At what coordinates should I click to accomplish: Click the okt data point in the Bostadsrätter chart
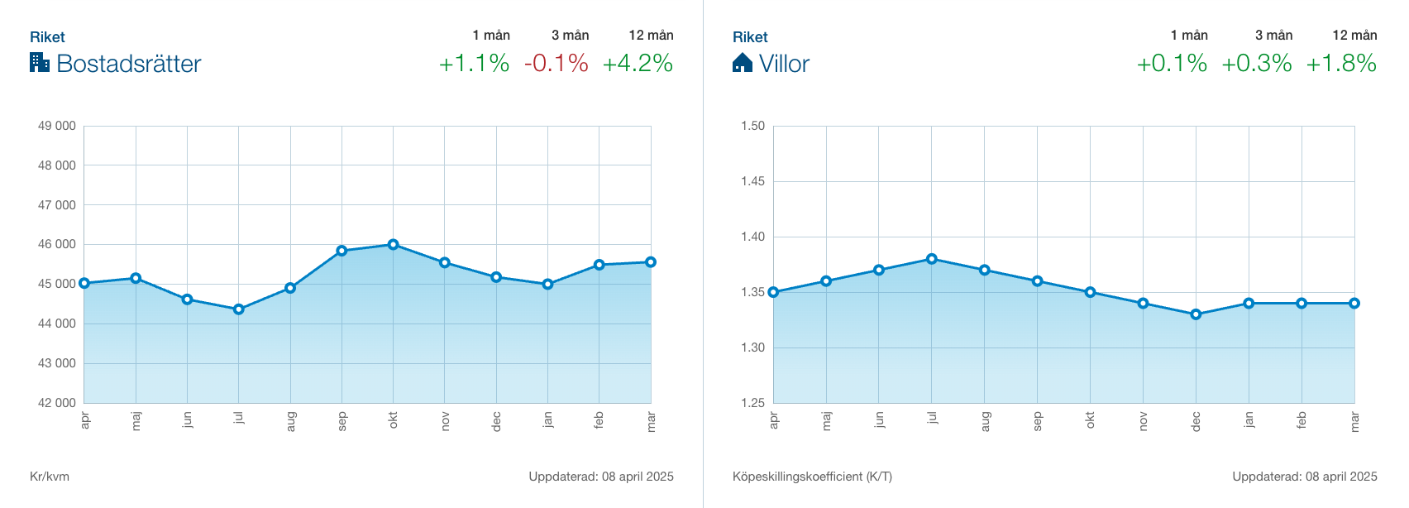[x=393, y=245]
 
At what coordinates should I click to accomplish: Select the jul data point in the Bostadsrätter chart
[x=239, y=309]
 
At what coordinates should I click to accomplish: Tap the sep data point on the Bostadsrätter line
[x=342, y=251]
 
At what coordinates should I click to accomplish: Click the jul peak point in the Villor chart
[x=932, y=259]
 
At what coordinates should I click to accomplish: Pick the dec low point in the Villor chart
[x=1196, y=314]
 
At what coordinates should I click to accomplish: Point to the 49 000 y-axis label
[x=56, y=126]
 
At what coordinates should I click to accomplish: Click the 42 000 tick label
[x=56, y=403]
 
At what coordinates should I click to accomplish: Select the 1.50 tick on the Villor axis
[x=752, y=126]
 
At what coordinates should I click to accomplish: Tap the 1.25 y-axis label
[x=752, y=403]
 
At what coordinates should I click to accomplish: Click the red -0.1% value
[x=556, y=64]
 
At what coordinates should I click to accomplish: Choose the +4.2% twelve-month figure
[x=638, y=64]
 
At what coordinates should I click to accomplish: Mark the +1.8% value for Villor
[x=1341, y=64]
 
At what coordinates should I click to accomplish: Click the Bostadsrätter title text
[x=129, y=64]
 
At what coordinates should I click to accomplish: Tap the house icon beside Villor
[x=743, y=63]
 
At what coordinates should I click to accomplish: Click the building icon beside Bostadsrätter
[x=40, y=62]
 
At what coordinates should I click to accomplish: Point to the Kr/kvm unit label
[x=50, y=477]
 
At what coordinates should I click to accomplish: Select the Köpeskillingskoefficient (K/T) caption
[x=812, y=477]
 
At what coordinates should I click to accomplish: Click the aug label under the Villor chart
[x=985, y=422]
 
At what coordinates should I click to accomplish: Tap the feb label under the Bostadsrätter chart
[x=599, y=420]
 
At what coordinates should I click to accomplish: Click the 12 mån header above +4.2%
[x=651, y=35]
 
